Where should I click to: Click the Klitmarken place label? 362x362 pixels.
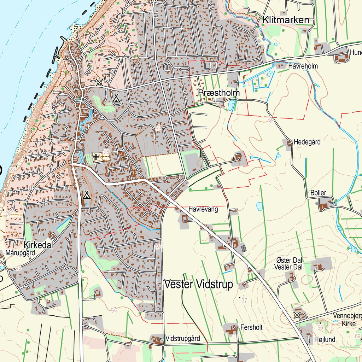286,20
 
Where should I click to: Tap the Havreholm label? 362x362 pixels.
303,66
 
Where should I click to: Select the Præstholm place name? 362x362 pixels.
219,93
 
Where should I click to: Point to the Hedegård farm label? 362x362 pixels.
307,142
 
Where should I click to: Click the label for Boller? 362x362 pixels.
318,193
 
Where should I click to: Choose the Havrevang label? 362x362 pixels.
203,209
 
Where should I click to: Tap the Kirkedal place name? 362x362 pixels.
39,245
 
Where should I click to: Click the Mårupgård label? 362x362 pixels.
21,253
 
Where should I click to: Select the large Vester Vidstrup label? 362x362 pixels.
199,285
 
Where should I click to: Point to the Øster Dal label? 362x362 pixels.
289,261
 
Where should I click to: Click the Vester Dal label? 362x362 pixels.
288,267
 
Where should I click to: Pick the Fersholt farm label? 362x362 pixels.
251,327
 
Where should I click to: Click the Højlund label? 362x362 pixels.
325,340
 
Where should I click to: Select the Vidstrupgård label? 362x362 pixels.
182,338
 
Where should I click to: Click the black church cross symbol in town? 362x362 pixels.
96,156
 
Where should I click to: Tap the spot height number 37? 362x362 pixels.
244,300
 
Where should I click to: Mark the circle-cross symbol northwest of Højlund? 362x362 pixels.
297,315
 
